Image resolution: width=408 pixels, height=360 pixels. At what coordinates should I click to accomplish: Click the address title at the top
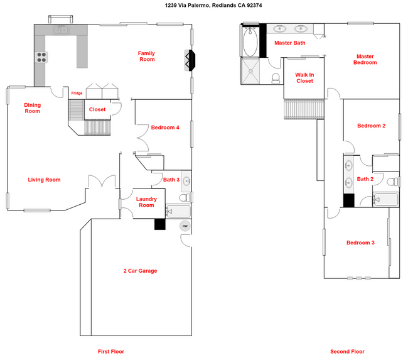coord(204,6)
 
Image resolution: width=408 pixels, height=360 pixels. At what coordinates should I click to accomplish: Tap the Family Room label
coord(146,56)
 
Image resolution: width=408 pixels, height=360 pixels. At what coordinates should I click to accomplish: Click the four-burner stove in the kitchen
coord(41,57)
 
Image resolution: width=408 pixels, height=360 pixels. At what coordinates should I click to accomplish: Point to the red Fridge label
coord(76,94)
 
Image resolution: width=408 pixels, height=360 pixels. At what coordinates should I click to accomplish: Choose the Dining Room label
coord(33,108)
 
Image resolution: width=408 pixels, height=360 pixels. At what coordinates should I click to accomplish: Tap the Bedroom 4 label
coord(165,128)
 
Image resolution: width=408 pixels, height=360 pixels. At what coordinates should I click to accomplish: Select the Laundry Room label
coord(146,202)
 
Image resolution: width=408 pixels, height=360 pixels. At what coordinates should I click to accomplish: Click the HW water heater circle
coord(185,226)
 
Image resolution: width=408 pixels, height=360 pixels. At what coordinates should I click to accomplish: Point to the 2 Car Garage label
coord(139,271)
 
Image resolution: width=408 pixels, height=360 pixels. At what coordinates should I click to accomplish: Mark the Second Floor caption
coord(347,351)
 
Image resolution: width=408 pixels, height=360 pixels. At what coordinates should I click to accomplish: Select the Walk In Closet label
coord(304,77)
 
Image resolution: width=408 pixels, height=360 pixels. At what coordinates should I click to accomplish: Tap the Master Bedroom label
coord(365,59)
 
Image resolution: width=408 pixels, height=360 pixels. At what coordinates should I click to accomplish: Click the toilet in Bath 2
coord(392,182)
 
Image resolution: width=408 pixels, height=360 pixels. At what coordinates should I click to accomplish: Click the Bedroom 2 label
coord(371,126)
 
